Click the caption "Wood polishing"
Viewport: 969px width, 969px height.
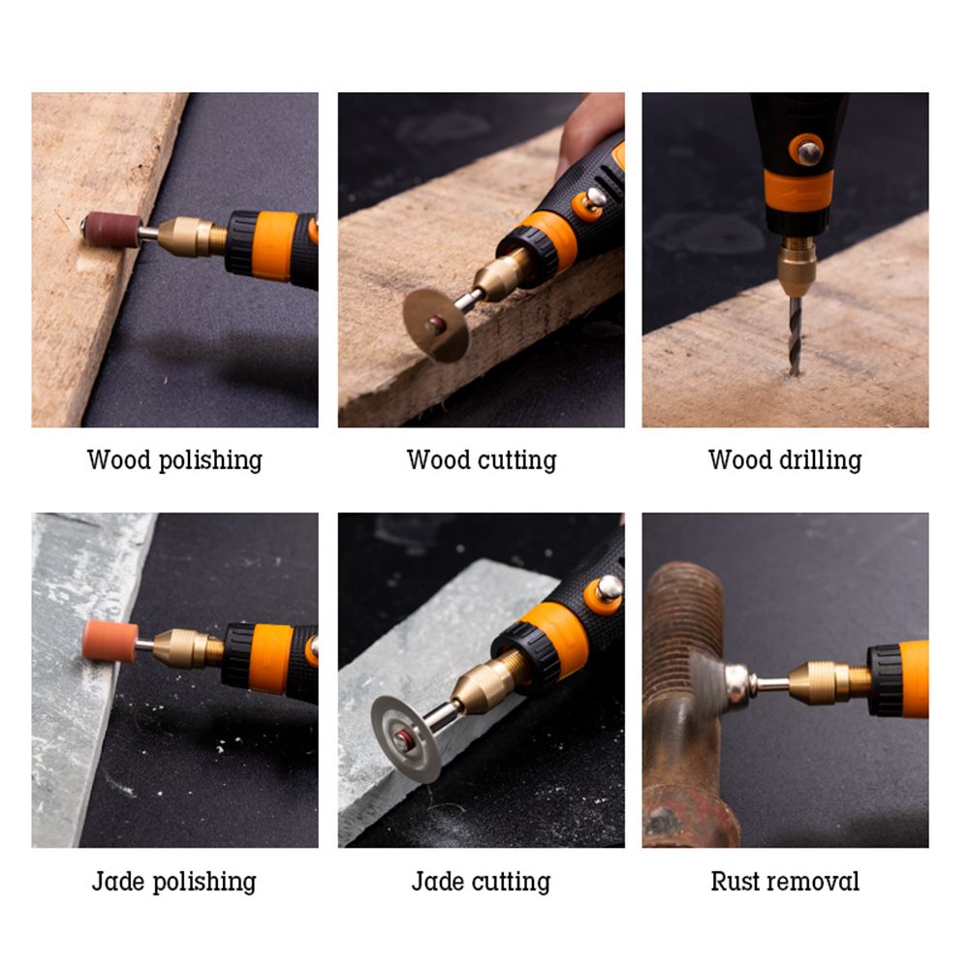click(x=174, y=461)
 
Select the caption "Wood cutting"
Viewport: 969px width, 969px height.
click(x=482, y=461)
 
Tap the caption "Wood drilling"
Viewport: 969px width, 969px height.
click(x=785, y=461)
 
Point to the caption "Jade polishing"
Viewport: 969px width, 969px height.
click(x=174, y=882)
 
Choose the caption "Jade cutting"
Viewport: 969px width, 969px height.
click(x=481, y=882)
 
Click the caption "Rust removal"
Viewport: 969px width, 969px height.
click(x=785, y=881)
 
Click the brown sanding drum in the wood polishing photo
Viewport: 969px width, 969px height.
click(x=111, y=230)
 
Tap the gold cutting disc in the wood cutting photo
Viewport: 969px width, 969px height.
click(x=435, y=324)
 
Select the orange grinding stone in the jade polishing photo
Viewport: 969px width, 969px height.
click(x=110, y=642)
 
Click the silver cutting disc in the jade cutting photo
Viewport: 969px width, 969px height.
click(x=407, y=738)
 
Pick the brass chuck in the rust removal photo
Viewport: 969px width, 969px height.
click(x=829, y=681)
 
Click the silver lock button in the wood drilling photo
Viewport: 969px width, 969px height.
click(x=809, y=152)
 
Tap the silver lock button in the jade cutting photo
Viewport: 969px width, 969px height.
click(x=609, y=588)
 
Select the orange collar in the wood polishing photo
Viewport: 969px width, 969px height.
click(x=274, y=246)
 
